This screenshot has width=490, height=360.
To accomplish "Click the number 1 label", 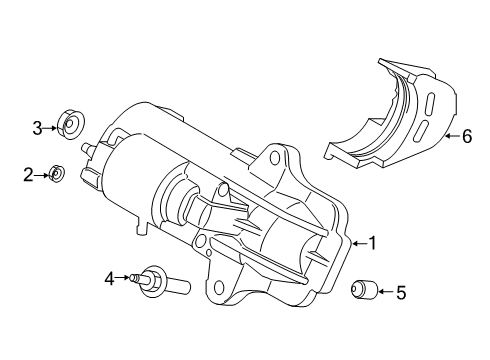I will pos(373,242).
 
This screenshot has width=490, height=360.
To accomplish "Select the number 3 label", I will pos(36,127).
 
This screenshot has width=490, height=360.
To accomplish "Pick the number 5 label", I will pos(400,293).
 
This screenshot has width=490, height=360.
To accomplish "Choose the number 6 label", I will pos(465,137).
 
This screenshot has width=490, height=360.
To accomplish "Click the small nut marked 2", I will pos(57,175).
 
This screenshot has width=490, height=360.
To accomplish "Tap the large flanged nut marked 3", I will pos(70,126).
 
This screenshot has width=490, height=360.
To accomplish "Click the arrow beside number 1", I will pos(356,242).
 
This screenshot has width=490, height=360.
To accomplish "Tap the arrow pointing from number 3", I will pos(51,127).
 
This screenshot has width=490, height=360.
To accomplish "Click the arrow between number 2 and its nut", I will pos(43,175).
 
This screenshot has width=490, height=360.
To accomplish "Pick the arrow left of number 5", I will pos(383,293).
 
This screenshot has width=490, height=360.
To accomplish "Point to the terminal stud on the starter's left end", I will pos(90,149).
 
